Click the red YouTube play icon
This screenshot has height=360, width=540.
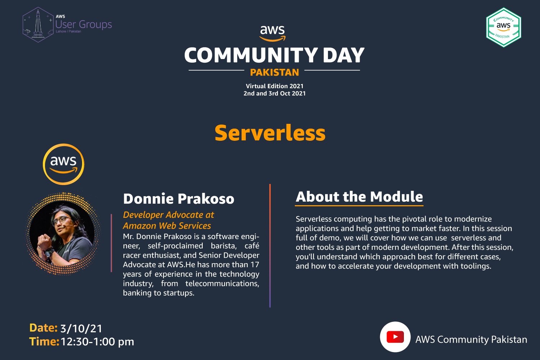(x=395, y=337)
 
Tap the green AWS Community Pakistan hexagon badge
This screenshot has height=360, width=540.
(x=504, y=27)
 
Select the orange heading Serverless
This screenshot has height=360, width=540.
(x=270, y=133)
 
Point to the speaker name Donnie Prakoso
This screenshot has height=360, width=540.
(x=179, y=199)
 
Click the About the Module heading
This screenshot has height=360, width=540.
(x=359, y=197)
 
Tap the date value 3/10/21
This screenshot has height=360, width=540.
(x=81, y=328)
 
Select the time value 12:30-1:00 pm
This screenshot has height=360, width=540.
(x=97, y=342)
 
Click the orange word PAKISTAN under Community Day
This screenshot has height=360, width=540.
(x=274, y=72)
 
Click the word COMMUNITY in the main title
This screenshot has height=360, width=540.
(x=251, y=55)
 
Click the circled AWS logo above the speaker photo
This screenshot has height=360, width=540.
(x=63, y=164)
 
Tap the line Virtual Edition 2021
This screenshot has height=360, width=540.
(x=275, y=86)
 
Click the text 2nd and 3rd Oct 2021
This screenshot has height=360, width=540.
(x=275, y=93)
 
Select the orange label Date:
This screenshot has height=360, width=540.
(x=44, y=328)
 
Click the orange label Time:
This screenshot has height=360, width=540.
(x=44, y=342)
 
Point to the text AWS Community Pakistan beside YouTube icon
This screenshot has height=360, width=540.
(x=471, y=339)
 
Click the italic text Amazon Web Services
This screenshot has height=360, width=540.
(x=167, y=226)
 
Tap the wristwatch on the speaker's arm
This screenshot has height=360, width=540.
(x=50, y=252)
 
